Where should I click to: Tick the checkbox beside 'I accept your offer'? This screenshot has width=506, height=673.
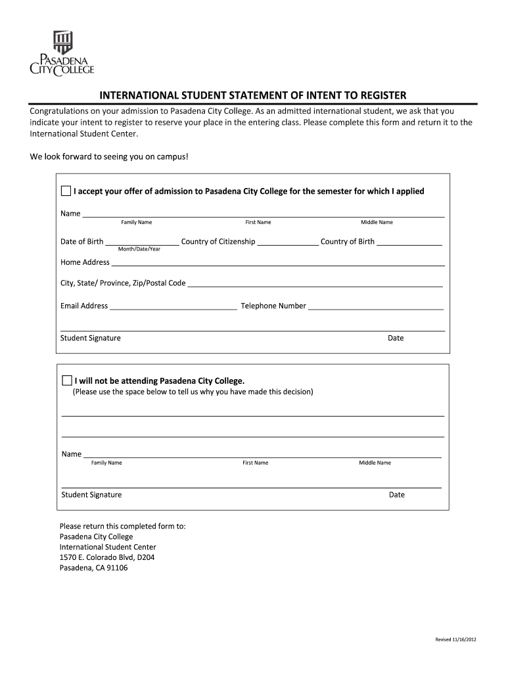click(66, 191)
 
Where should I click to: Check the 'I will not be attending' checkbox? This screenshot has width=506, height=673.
click(66, 381)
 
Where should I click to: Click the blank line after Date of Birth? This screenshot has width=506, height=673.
click(142, 242)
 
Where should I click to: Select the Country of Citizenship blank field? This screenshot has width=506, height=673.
click(287, 242)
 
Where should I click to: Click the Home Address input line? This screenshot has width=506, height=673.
click(278, 263)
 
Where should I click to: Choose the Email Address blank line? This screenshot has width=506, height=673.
click(173, 306)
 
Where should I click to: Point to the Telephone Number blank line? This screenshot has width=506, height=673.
click(375, 306)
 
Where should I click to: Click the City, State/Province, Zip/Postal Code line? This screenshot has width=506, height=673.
click(315, 284)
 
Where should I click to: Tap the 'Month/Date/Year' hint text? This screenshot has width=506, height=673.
click(139, 250)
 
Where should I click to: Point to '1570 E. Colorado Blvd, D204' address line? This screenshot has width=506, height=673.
click(107, 557)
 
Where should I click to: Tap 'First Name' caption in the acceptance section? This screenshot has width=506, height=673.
click(258, 223)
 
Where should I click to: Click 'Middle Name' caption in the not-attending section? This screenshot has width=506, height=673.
click(375, 463)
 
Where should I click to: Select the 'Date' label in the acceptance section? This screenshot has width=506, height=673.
click(396, 338)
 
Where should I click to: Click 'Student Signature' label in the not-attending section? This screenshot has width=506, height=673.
click(91, 495)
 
